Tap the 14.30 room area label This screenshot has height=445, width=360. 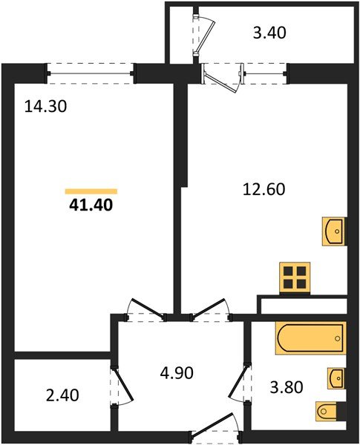[46, 107]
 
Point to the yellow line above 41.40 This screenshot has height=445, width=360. [91, 191]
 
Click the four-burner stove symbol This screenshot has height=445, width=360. [294, 278]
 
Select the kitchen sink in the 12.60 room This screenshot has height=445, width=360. [335, 231]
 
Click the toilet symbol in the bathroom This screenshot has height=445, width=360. [331, 409]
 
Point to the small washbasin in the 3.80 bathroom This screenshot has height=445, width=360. [336, 378]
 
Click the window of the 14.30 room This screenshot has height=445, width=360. [91, 71]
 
